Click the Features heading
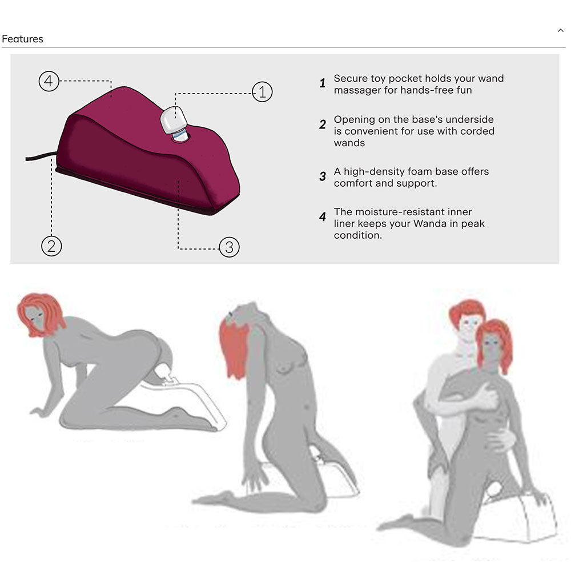pyautogui.click(x=23, y=39)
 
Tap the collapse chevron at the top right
pyautogui.click(x=561, y=30)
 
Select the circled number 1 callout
pyautogui.click(x=262, y=92)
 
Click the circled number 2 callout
pyautogui.click(x=51, y=246)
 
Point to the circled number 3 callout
pyautogui.click(x=229, y=247)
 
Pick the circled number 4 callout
pyautogui.click(x=49, y=81)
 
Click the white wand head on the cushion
pyautogui.click(x=174, y=119)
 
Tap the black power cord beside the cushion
pyautogui.click(x=41, y=156)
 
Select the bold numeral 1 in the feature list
pyautogui.click(x=322, y=83)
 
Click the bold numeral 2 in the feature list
pyautogui.click(x=322, y=124)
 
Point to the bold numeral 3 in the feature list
pyautogui.click(x=322, y=176)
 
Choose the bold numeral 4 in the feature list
pyautogui.click(x=322, y=217)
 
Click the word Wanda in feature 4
pyautogui.click(x=430, y=224)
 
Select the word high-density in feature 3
pyautogui.click(x=373, y=172)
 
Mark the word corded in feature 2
pyautogui.click(x=477, y=131)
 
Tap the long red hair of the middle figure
pyautogui.click(x=235, y=348)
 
